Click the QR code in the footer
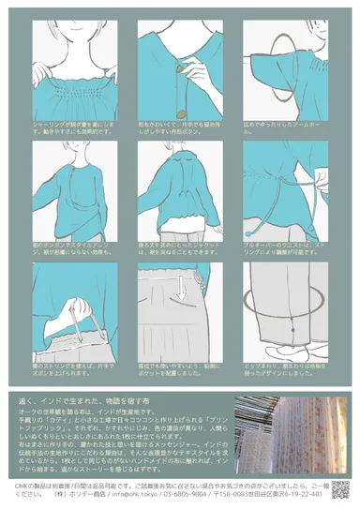click(339, 488)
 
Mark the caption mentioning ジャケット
click(178, 247)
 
